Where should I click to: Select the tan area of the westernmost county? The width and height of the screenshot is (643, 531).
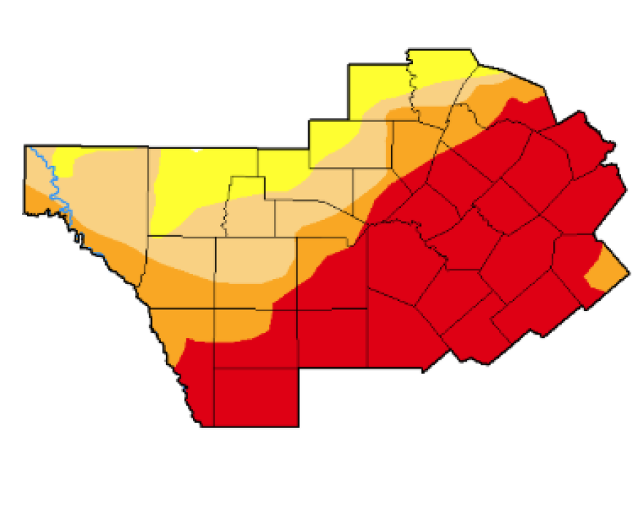pyautogui.click(x=102, y=190)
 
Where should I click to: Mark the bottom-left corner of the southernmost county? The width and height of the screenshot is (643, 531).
pyautogui.click(x=214, y=425)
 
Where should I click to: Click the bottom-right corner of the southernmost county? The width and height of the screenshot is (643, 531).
pyautogui.click(x=298, y=425)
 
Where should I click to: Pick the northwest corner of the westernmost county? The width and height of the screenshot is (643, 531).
pyautogui.click(x=26, y=145)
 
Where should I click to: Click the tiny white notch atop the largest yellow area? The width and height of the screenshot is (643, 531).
pyautogui.click(x=196, y=149)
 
